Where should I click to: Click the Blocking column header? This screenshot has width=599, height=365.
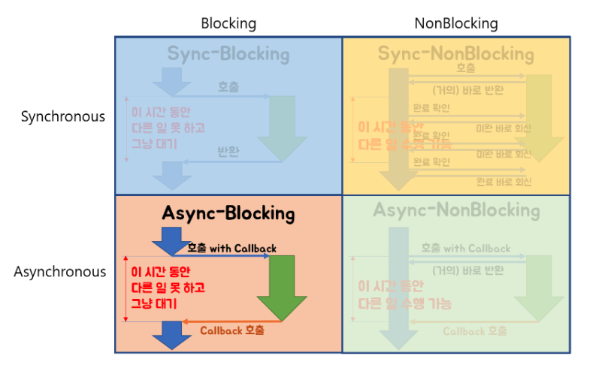pyautogui.click(x=228, y=23)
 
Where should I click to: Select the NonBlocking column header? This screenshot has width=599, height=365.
pyautogui.click(x=455, y=23)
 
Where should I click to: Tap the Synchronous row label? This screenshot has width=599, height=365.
pyautogui.click(x=63, y=116)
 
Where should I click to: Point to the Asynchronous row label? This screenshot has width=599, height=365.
pyautogui.click(x=60, y=271)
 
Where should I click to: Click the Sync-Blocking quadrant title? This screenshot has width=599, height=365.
pyautogui.click(x=228, y=54)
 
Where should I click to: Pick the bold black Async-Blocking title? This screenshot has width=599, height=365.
pyautogui.click(x=228, y=213)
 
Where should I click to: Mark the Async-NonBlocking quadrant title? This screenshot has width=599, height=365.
pyautogui.click(x=456, y=210)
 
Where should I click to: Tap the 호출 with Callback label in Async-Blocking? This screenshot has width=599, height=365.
pyautogui.click(x=231, y=248)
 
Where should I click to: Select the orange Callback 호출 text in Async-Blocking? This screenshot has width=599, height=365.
pyautogui.click(x=232, y=330)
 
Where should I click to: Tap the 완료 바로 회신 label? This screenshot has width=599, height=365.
pyautogui.click(x=503, y=182)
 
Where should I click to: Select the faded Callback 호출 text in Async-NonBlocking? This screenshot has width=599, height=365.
pyautogui.click(x=474, y=330)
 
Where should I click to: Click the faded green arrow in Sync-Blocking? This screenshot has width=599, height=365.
pyautogui.click(x=282, y=128)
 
